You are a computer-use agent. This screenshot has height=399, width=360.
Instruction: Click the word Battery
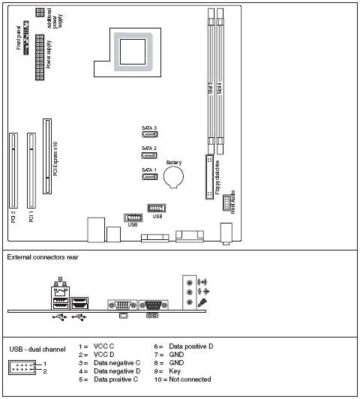(174, 162)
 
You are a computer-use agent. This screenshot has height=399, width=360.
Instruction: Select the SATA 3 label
(149, 128)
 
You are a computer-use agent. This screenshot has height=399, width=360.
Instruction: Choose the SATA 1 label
(149, 170)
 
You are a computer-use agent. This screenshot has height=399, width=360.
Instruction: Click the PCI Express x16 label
(55, 157)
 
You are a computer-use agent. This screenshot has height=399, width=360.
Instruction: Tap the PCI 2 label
(14, 217)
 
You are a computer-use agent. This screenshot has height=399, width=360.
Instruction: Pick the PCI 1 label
(31, 217)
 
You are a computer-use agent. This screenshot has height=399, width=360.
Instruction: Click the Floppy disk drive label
(217, 178)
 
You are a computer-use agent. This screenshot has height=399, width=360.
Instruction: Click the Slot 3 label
(211, 88)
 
